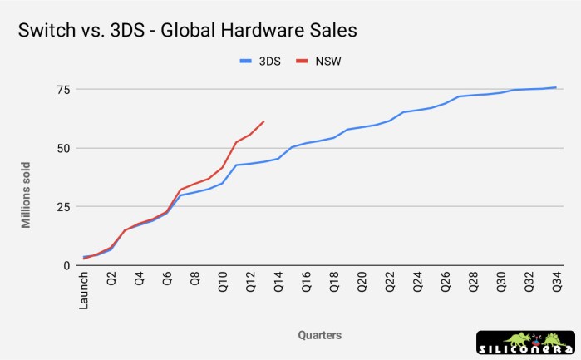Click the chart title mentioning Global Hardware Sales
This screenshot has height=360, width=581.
click(x=182, y=31)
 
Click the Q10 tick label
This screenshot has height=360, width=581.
click(x=223, y=283)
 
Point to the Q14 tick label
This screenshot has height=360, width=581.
click(x=278, y=283)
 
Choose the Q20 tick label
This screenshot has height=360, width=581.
click(x=362, y=283)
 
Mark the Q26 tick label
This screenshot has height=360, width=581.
click(x=446, y=283)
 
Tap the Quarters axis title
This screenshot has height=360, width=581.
click(x=319, y=335)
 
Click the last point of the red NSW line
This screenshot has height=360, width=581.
click(x=263, y=121)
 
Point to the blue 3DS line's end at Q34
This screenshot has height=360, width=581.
click(x=556, y=87)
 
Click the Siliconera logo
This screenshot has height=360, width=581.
click(x=525, y=343)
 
